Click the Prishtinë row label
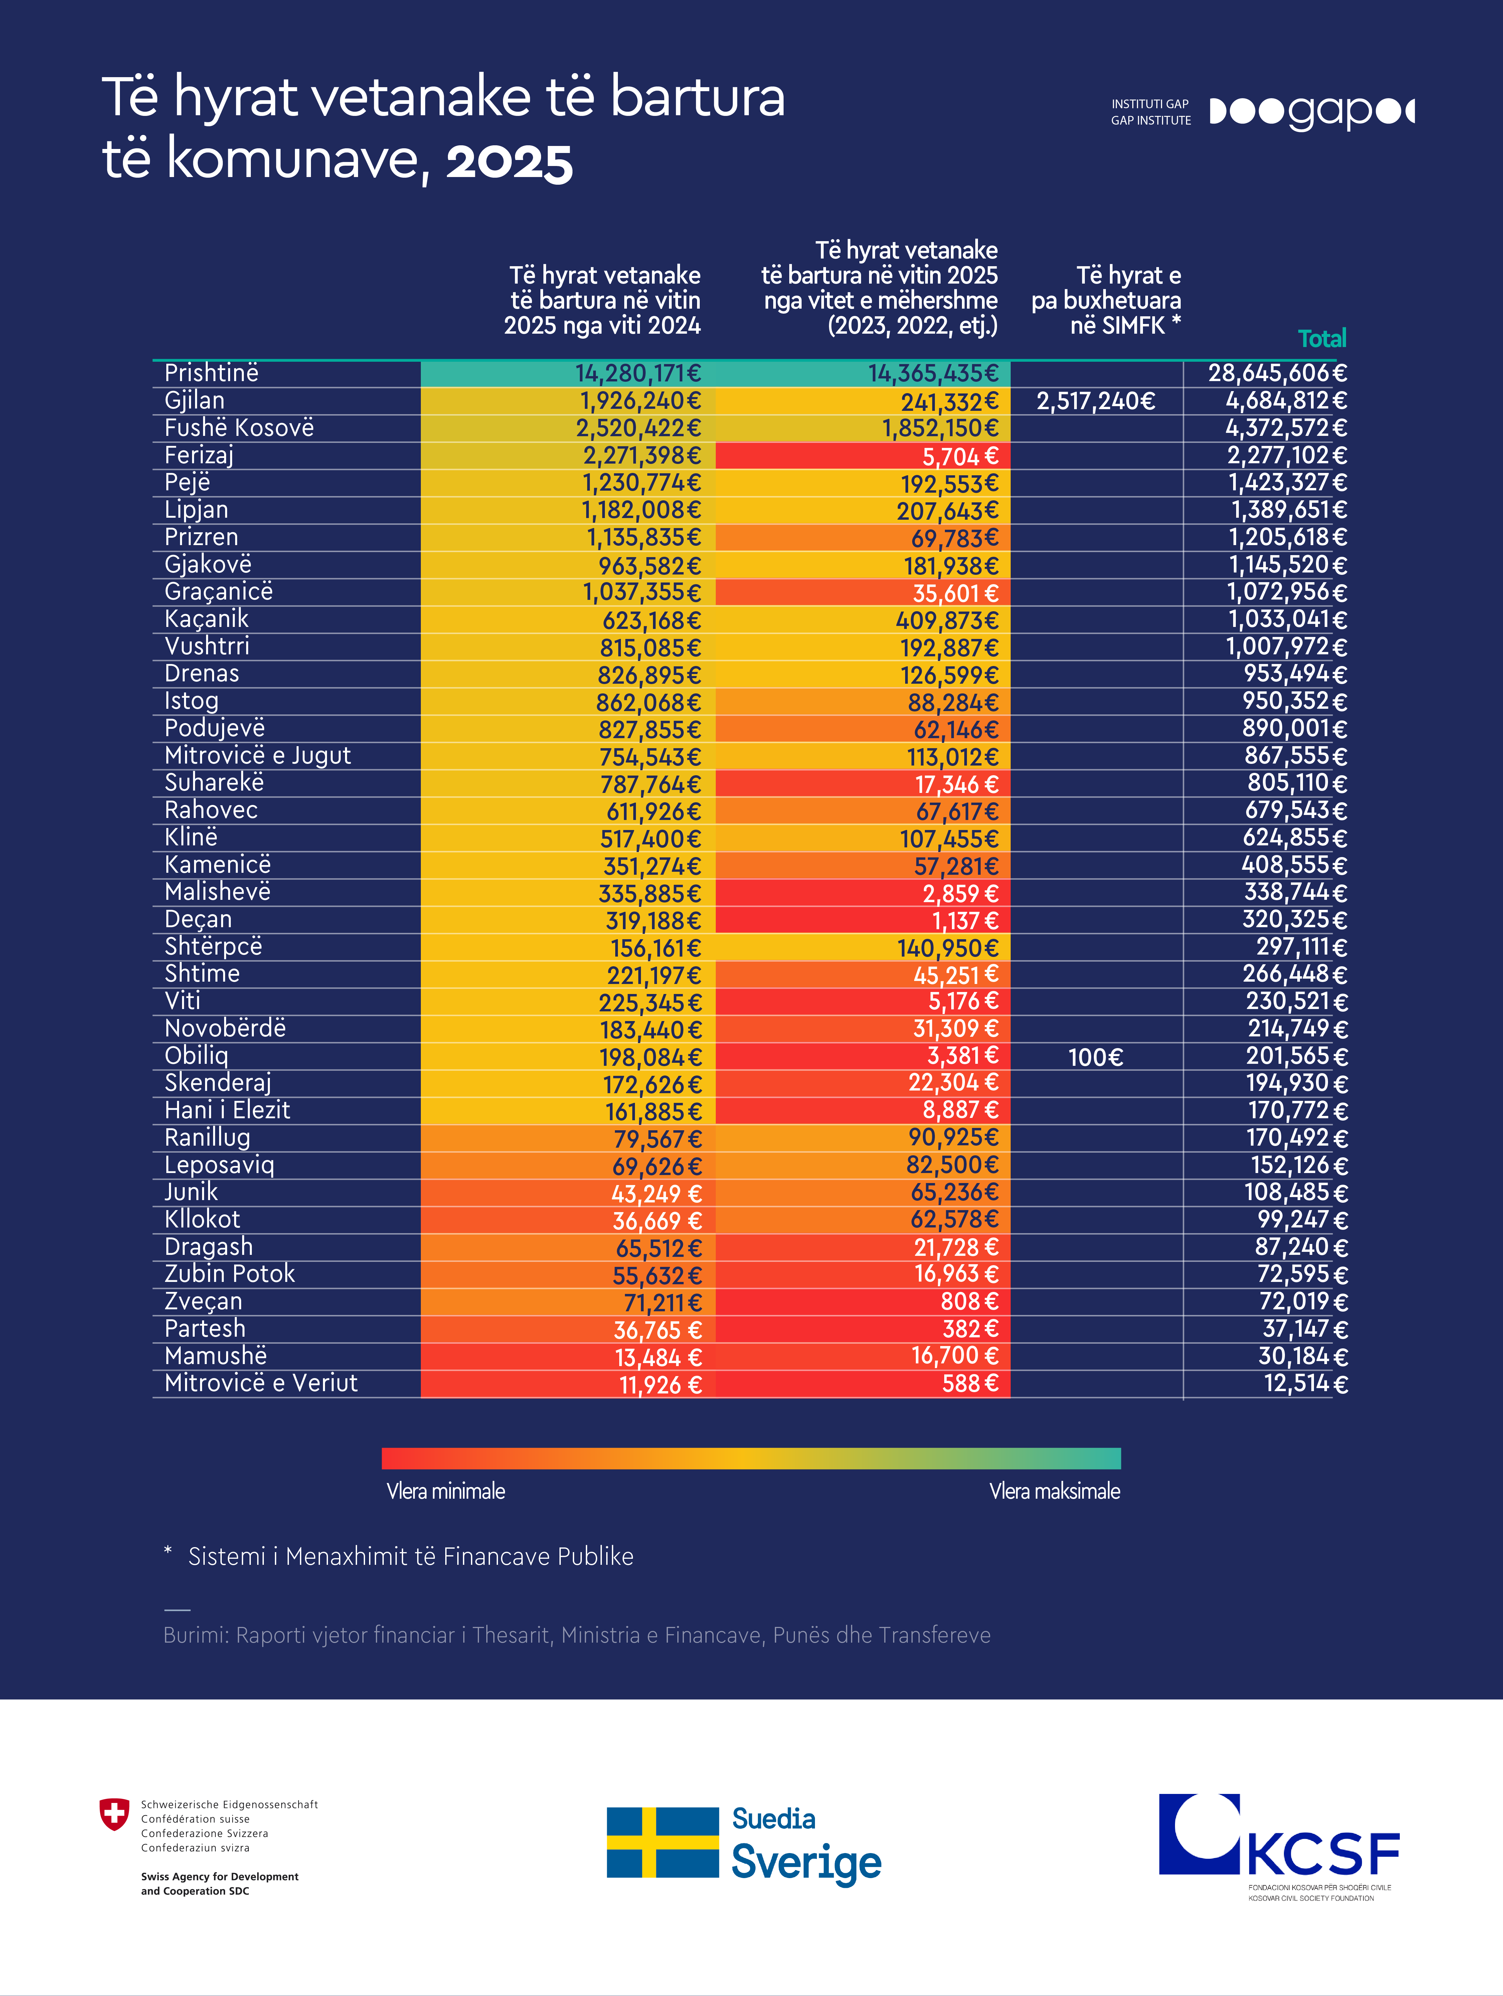tap(211, 373)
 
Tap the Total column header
tap(1322, 338)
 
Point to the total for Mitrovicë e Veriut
tap(1305, 1383)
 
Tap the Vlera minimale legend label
tap(446, 1491)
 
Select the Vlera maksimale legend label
tap(1055, 1491)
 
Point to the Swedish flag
tap(662, 1842)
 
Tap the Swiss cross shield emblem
tap(114, 1814)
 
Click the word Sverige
tap(806, 1863)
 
